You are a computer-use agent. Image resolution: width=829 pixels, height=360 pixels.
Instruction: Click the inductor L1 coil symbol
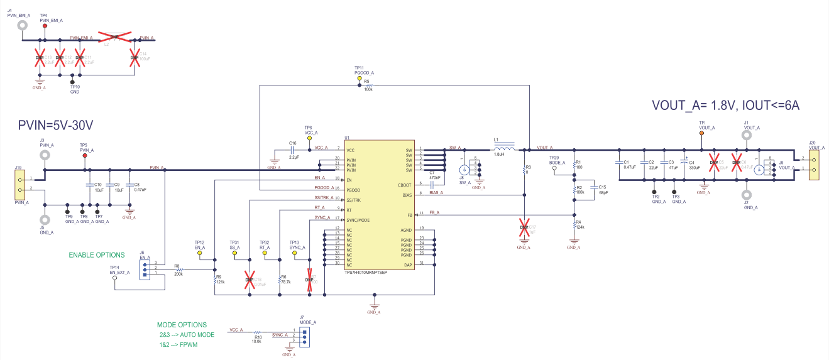[504, 149]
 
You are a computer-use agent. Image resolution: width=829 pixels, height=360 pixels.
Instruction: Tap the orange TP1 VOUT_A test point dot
[702, 133]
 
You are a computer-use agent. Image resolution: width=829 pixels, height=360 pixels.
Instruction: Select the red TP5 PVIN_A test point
[85, 156]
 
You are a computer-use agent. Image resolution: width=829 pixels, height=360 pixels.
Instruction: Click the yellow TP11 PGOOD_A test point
[360, 79]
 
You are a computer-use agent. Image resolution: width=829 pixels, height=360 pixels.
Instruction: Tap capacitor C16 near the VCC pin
[293, 151]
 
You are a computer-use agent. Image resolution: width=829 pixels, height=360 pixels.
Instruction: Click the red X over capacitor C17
[524, 230]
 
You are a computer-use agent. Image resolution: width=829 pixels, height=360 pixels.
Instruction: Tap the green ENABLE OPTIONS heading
[97, 255]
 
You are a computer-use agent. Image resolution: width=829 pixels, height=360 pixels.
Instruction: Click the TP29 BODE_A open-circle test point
[554, 168]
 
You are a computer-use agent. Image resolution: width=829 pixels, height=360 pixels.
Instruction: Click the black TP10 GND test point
[74, 84]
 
